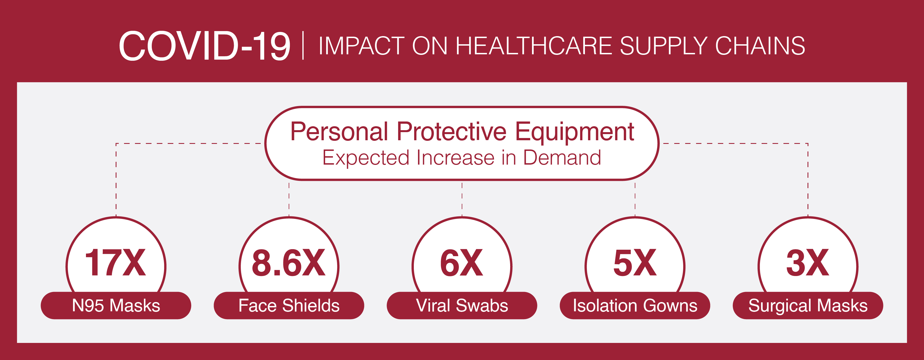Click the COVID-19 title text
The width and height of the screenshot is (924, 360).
coord(204,46)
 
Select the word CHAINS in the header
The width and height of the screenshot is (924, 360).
coord(760,46)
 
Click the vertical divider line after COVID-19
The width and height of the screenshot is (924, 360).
coord(303,46)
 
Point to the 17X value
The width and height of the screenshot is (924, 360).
coord(115,263)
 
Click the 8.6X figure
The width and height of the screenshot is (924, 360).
coord(289,263)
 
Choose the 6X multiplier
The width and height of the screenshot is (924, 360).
coord(462,263)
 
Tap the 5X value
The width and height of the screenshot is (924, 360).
coord(635,263)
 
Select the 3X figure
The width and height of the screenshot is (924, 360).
coord(808,263)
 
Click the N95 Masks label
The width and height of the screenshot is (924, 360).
coord(116,305)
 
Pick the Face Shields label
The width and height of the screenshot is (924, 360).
coord(289,305)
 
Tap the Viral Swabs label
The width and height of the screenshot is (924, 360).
coord(462,305)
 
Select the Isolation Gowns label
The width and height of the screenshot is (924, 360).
coord(635,305)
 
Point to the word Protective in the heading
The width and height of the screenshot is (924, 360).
coord(452,131)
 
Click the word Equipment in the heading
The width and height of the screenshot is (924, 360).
coord(575,133)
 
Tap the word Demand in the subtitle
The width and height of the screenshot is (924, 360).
coord(562,158)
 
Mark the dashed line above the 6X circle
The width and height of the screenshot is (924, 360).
coord(462,199)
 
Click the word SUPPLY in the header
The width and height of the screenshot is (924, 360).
coord(664,46)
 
